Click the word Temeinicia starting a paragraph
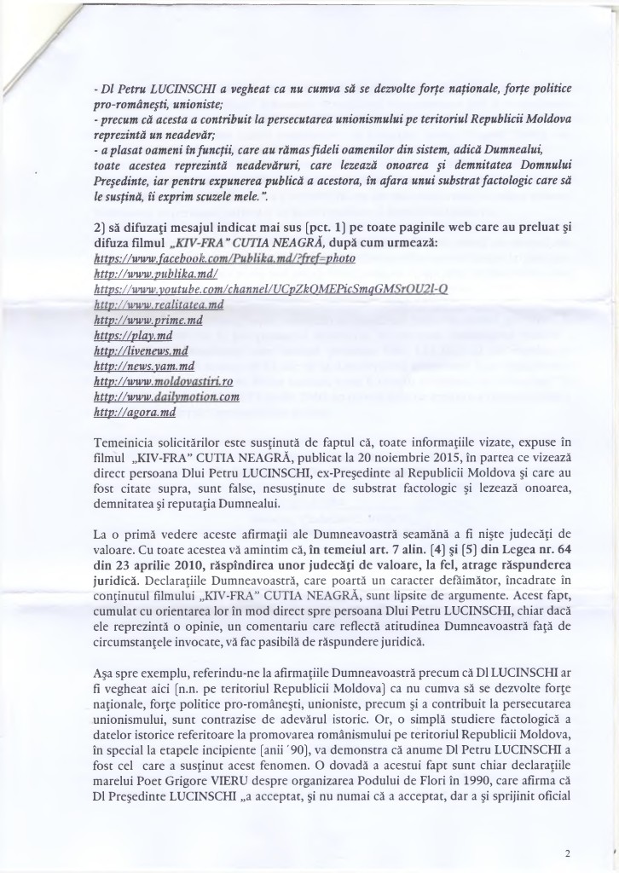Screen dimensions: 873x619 (127, 442)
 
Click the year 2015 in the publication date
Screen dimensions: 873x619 (418, 457)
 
